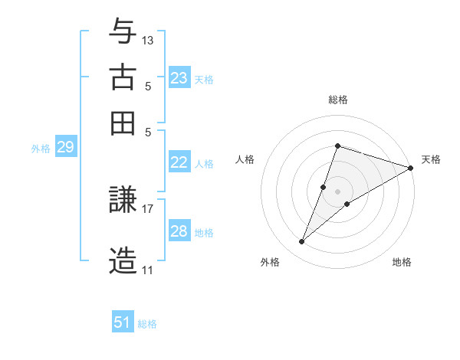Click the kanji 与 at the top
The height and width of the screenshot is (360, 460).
tap(123, 32)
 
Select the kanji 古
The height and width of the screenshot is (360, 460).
tap(123, 77)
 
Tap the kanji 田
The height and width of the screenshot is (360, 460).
tap(123, 123)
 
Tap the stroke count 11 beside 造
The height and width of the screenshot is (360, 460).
tap(147, 270)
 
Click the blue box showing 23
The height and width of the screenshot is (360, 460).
tap(179, 77)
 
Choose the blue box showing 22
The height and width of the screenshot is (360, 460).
tap(179, 162)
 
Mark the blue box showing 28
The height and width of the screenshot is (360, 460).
tap(179, 231)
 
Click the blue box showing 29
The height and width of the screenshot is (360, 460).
tap(65, 147)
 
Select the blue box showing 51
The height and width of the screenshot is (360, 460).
tap(123, 322)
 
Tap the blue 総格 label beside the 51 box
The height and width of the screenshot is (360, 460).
tap(147, 324)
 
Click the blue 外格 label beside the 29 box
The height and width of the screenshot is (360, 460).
tap(41, 149)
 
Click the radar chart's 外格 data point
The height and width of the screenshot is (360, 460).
tap(302, 242)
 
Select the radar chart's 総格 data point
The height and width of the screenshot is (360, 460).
tap(337, 146)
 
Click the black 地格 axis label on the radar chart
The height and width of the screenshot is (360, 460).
tap(402, 263)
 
